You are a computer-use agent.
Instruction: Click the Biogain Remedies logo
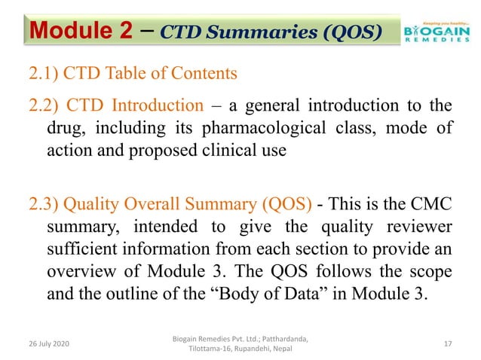click(x=434, y=31)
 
